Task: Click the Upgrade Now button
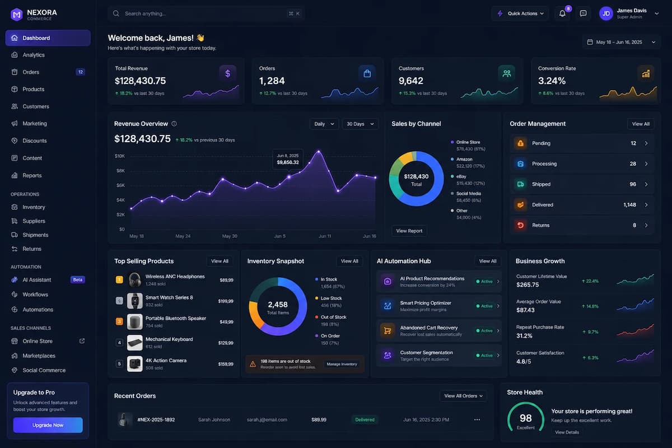48,425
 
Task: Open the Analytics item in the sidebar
34,55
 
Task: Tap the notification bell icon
562,13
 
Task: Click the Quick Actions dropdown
520,13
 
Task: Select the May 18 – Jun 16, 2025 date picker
621,43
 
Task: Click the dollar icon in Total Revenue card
228,73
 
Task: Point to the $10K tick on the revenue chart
119,156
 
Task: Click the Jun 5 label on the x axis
279,236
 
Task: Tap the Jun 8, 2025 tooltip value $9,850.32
288,162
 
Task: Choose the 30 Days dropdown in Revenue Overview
360,124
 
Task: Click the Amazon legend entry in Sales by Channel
468,162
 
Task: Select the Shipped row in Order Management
581,184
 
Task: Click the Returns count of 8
634,225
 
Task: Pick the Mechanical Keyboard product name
169,339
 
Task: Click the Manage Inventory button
342,364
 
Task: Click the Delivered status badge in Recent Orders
365,420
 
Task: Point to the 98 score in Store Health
526,418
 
